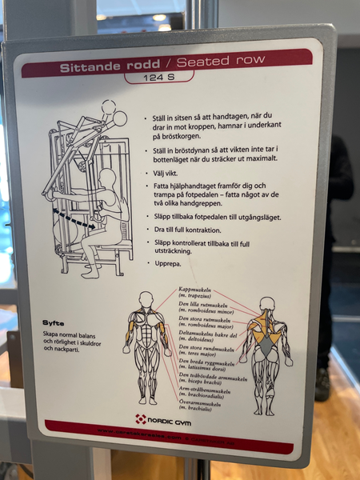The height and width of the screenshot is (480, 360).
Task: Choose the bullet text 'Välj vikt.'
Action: (170, 173)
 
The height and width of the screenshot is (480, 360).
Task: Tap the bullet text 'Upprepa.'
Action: (170, 262)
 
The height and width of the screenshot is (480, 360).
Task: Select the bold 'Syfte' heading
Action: (54, 323)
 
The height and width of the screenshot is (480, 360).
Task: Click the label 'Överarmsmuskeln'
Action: (203, 406)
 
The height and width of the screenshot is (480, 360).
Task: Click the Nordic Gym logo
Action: (162, 418)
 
